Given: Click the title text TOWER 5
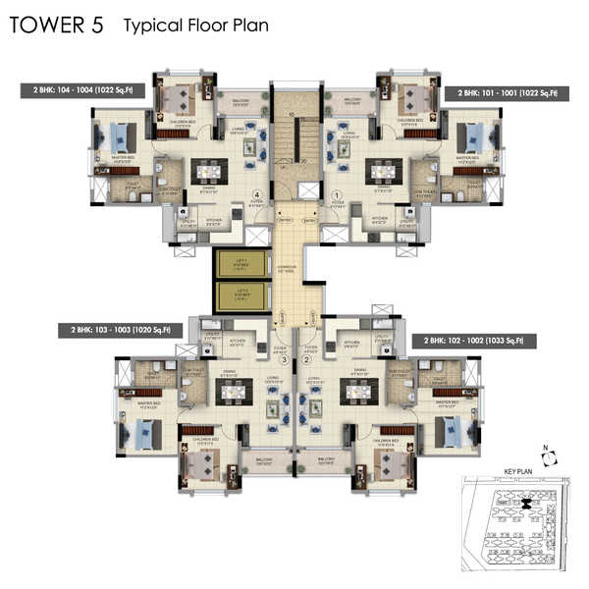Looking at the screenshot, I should [x=56, y=26].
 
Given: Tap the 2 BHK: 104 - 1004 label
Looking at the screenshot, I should [x=82, y=92].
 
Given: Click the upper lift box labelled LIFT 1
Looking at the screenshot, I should [x=236, y=262].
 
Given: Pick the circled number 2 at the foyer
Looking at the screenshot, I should [x=307, y=360].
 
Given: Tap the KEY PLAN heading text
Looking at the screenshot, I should [x=516, y=471].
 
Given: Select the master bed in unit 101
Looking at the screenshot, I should [x=478, y=135].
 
